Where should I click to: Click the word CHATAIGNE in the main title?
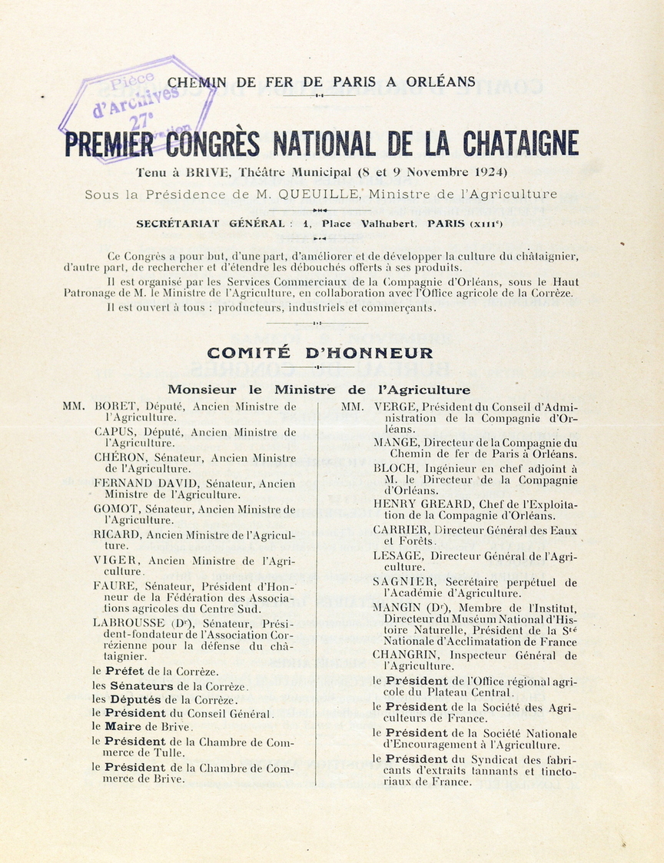click(520, 144)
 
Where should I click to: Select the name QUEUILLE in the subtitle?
click(321, 194)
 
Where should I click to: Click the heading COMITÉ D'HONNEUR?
click(320, 353)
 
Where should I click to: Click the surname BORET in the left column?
click(117, 407)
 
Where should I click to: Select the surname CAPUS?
click(115, 432)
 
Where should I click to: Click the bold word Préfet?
click(127, 671)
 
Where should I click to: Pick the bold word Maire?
click(123, 726)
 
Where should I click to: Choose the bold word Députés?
click(136, 699)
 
